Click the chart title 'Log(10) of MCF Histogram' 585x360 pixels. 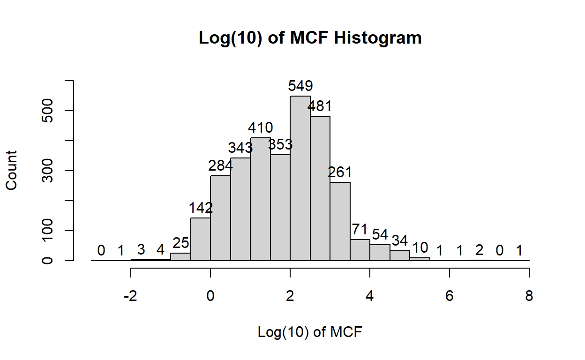[x=310, y=37]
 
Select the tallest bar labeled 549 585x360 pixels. [x=300, y=178]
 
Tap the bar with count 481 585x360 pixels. [x=320, y=188]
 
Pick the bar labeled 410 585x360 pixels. [x=260, y=199]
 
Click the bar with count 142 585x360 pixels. [x=201, y=239]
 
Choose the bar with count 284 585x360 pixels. [x=220, y=218]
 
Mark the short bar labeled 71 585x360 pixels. [x=360, y=250]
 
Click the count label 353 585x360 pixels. [x=280, y=144]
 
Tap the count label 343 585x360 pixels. [x=240, y=148]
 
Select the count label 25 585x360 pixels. [x=180, y=243]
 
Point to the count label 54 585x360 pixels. [x=380, y=234]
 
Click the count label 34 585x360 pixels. [x=399, y=240]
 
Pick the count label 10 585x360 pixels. [x=420, y=247]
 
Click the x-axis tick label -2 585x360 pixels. [x=130, y=296]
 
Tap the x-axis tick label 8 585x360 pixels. [x=529, y=296]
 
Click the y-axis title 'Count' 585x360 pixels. [x=11, y=170]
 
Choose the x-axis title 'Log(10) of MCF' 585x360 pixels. [x=310, y=332]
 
